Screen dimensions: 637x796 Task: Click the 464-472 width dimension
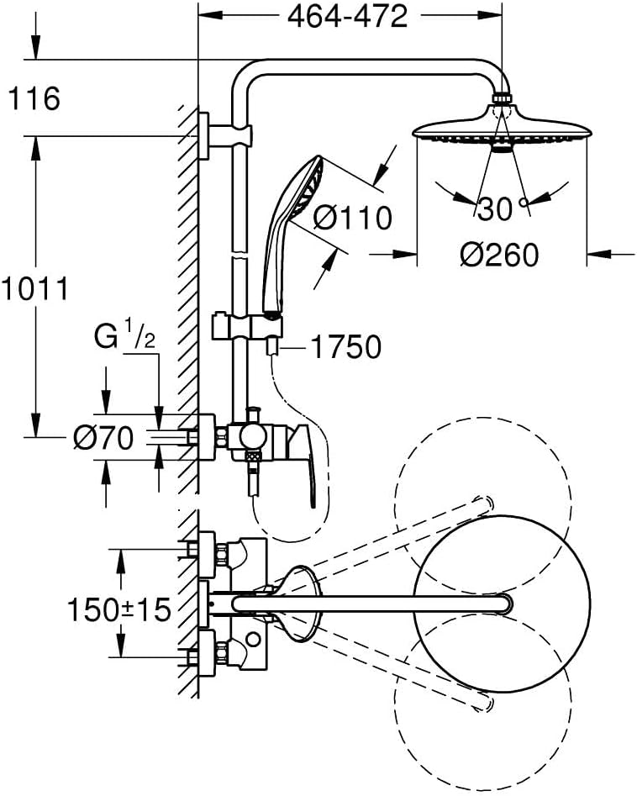[x=347, y=18]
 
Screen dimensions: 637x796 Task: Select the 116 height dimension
[x=34, y=98]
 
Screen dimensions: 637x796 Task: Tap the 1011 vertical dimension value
[x=34, y=289]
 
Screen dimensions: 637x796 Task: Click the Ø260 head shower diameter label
[x=499, y=255]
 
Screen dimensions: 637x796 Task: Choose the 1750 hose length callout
[x=345, y=348]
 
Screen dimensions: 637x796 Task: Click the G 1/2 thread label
[x=125, y=336]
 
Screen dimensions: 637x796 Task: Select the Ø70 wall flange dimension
[x=103, y=438]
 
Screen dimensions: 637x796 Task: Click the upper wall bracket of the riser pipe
[x=226, y=136]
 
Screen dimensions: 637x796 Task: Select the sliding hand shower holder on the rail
[x=247, y=326]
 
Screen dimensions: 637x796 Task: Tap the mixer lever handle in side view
[x=306, y=465]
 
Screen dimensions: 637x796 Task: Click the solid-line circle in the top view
[x=502, y=603]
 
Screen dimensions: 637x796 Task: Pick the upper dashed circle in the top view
[x=482, y=506]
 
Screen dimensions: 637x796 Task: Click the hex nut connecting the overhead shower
[x=502, y=98]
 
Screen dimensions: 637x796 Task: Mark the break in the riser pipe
[x=240, y=254]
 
